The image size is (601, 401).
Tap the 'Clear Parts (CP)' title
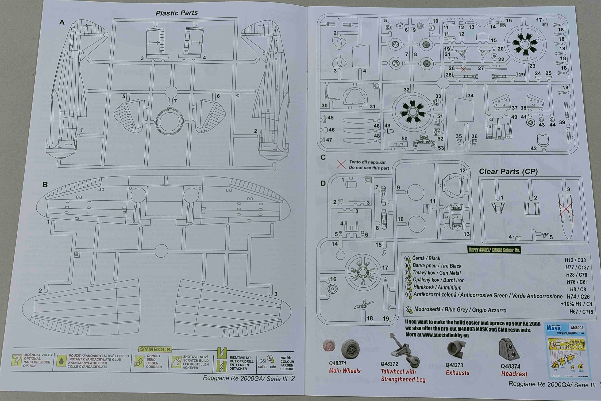pyautogui.click(x=508, y=171)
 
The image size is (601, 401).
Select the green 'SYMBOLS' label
pyautogui.click(x=155, y=349)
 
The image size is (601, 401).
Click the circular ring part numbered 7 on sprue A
pyautogui.click(x=169, y=122)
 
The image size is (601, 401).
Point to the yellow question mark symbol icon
pyautogui.click(x=17, y=360)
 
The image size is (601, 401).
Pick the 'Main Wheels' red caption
pyautogui.click(x=345, y=371)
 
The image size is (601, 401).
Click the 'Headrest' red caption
pyautogui.click(x=514, y=374)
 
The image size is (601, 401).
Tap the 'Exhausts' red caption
pyautogui.click(x=458, y=373)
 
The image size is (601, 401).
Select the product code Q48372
pyautogui.click(x=389, y=364)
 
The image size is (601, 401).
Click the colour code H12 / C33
pyautogui.click(x=575, y=260)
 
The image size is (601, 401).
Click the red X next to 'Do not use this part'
pyautogui.click(x=341, y=164)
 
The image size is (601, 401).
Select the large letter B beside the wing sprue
pyautogui.click(x=45, y=184)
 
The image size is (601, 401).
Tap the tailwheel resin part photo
pyautogui.click(x=404, y=349)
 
